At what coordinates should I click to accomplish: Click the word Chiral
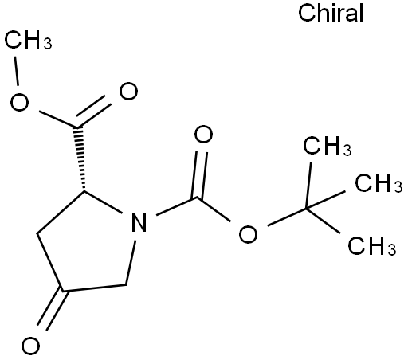(x=331, y=13)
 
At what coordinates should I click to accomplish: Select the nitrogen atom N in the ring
(x=139, y=222)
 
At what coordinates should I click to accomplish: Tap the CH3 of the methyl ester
(x=28, y=40)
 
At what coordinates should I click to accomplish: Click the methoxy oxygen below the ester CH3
(x=19, y=102)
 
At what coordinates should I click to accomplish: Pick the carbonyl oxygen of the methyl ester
(x=128, y=91)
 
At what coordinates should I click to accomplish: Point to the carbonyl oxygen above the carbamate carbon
(x=203, y=135)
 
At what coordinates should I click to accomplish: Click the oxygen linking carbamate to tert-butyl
(x=248, y=234)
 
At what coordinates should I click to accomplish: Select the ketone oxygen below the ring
(x=30, y=346)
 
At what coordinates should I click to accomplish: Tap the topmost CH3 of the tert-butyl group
(x=328, y=146)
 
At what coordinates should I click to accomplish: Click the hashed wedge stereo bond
(x=80, y=158)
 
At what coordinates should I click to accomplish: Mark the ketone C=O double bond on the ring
(x=53, y=309)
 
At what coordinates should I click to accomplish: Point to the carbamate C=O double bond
(x=200, y=174)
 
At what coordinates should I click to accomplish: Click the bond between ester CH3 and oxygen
(x=17, y=71)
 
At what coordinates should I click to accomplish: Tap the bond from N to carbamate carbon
(x=176, y=206)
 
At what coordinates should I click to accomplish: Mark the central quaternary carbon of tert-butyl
(x=306, y=209)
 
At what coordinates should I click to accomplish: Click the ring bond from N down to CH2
(x=131, y=263)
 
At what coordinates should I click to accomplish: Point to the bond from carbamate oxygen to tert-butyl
(x=287, y=217)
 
